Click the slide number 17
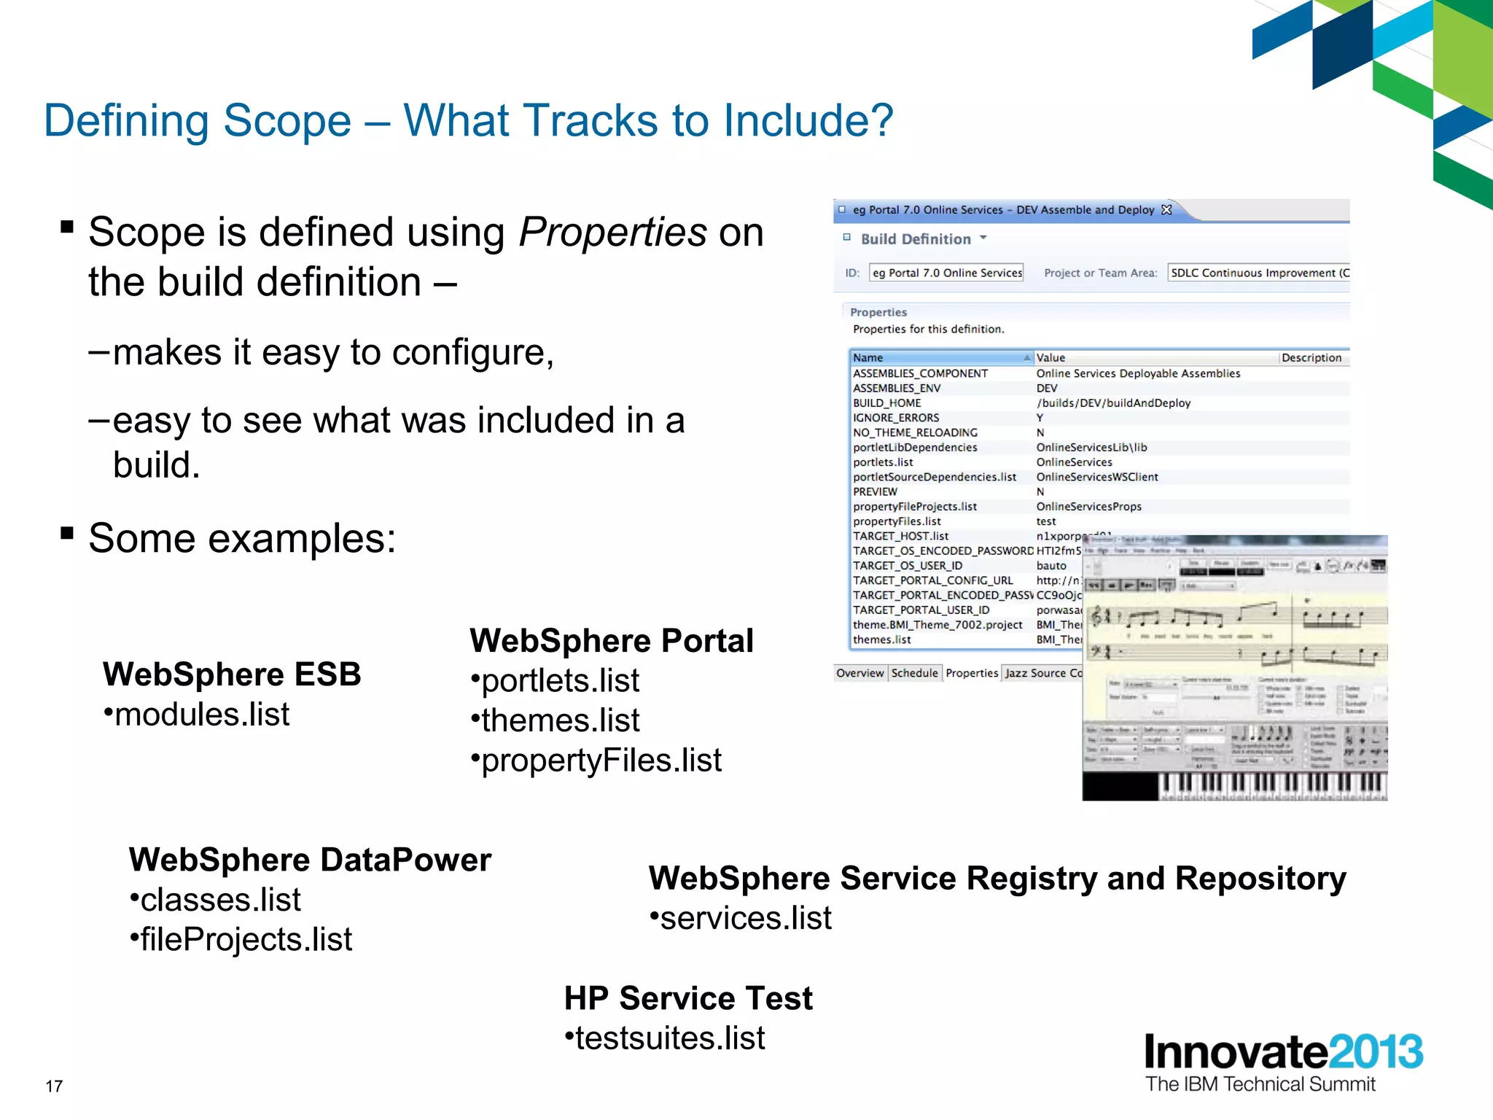[x=54, y=1086]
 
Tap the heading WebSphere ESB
[x=232, y=674]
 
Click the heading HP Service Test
[x=688, y=998]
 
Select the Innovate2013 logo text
[x=1283, y=1053]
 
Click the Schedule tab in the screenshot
[x=914, y=673]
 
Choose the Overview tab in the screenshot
[x=859, y=673]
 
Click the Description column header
[x=1311, y=357]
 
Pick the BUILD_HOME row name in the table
[x=886, y=402]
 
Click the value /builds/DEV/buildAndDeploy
[x=1113, y=402]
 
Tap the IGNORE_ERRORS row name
[x=896, y=418]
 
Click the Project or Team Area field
[x=1258, y=273]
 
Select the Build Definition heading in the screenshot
[x=916, y=239]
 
